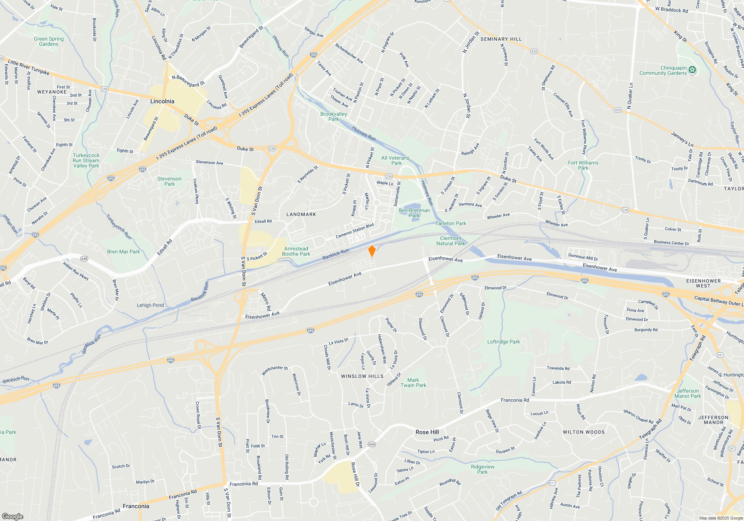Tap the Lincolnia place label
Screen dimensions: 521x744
click(162, 101)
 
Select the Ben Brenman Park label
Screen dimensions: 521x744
click(414, 213)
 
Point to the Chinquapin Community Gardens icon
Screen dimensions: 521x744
click(692, 70)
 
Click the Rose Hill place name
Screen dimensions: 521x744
click(427, 432)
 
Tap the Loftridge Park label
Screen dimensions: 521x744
click(503, 342)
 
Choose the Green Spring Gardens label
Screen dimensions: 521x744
click(49, 41)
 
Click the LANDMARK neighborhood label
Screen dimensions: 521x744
click(301, 214)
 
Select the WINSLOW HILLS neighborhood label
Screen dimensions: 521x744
click(362, 376)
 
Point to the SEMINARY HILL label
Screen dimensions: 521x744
click(501, 39)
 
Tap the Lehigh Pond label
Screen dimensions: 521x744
click(150, 305)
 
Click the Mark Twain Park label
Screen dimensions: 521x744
click(413, 383)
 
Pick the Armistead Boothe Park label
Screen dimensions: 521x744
click(296, 251)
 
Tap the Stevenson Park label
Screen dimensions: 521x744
click(169, 181)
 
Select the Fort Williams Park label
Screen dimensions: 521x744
click(583, 165)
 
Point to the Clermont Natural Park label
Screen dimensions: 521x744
click(450, 241)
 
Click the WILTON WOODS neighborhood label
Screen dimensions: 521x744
click(583, 432)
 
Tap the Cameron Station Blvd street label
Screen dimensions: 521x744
click(355, 231)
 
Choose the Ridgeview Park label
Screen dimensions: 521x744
click(482, 469)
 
